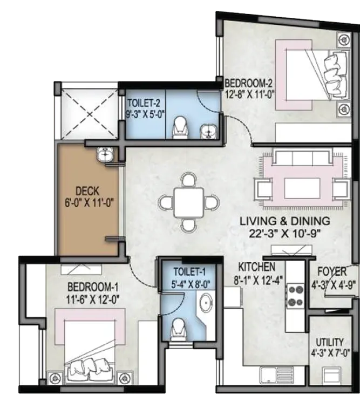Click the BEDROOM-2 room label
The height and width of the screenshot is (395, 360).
click(x=249, y=83)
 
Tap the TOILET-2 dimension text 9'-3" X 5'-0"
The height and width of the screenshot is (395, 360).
click(x=145, y=114)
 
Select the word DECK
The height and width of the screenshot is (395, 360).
click(x=87, y=191)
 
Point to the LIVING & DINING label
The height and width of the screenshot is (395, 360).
click(x=284, y=221)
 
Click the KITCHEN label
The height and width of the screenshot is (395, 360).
click(x=257, y=267)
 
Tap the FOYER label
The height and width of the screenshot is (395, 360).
click(x=332, y=272)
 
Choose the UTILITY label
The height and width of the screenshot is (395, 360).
click(x=330, y=342)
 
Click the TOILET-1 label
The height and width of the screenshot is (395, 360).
click(x=189, y=272)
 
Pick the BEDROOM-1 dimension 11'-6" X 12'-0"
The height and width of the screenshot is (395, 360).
click(x=92, y=300)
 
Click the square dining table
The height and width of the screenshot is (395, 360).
click(x=188, y=202)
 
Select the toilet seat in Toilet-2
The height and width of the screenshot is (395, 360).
click(x=180, y=127)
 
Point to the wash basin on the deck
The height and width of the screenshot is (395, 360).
click(x=105, y=154)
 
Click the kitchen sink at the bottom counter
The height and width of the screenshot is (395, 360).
click(x=277, y=377)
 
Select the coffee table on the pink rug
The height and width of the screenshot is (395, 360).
click(x=302, y=188)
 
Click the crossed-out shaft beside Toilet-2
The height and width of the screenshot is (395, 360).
click(x=90, y=114)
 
